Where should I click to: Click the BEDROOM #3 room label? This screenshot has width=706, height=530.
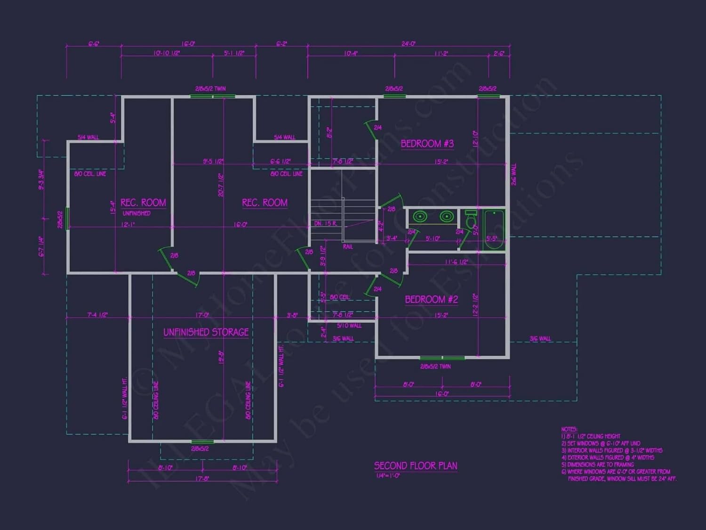pyautogui.click(x=427, y=144)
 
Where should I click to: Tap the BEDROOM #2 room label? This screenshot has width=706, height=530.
pyautogui.click(x=431, y=300)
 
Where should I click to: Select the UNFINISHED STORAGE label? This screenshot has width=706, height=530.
pyautogui.click(x=206, y=332)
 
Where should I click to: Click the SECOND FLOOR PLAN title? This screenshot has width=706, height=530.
pyautogui.click(x=415, y=466)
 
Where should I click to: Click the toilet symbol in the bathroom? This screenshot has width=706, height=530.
pyautogui.click(x=471, y=220)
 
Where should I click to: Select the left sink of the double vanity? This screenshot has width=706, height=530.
pyautogui.click(x=420, y=217)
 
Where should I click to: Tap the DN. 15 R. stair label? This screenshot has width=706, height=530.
pyautogui.click(x=326, y=223)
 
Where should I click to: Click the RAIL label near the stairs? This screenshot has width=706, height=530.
pyautogui.click(x=348, y=247)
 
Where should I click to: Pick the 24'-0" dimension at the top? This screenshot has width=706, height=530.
pyautogui.click(x=408, y=44)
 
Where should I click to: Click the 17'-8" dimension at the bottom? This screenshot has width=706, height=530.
pyautogui.click(x=202, y=479)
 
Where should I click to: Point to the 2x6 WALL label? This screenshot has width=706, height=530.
pyautogui.click(x=513, y=174)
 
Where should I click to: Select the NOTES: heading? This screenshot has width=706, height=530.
pyautogui.click(x=569, y=429)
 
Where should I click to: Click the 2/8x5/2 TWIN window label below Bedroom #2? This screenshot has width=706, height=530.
pyautogui.click(x=435, y=367)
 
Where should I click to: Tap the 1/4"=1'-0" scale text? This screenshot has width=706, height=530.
pyautogui.click(x=388, y=476)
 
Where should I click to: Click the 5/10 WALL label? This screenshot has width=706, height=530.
pyautogui.click(x=349, y=326)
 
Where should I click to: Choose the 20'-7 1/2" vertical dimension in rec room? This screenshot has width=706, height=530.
pyautogui.click(x=221, y=185)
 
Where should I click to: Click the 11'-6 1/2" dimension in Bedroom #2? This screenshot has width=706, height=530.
pyautogui.click(x=456, y=262)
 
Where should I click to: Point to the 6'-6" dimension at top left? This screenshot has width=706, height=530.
pyautogui.click(x=94, y=44)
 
